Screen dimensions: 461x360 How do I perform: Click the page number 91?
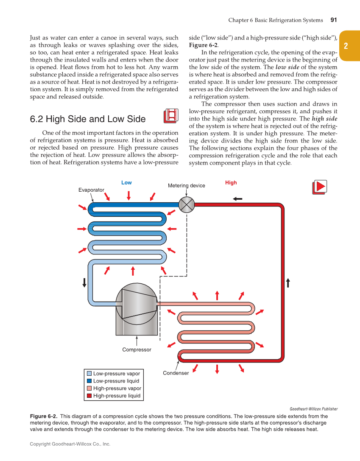[333, 20]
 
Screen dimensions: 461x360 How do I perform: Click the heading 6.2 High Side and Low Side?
[88, 119]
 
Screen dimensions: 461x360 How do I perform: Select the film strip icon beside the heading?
[170, 115]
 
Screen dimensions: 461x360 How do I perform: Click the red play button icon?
[320, 187]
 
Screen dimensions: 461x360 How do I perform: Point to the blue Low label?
[126, 183]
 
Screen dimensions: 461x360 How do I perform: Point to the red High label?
[231, 183]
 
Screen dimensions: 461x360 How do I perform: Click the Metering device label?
[186, 185]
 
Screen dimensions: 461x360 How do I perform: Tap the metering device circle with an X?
[186, 204]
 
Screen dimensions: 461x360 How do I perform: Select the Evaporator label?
[91, 190]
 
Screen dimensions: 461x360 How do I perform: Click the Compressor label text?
[137, 350]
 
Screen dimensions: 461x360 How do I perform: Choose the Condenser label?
[176, 373]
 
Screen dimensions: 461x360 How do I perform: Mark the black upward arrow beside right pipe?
[288, 282]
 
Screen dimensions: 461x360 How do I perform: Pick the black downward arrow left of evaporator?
[84, 282]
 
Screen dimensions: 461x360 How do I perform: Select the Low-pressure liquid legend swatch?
[89, 381]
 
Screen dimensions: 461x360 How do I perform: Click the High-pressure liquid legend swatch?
[89, 396]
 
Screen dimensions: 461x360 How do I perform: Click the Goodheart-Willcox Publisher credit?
[313, 409]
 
